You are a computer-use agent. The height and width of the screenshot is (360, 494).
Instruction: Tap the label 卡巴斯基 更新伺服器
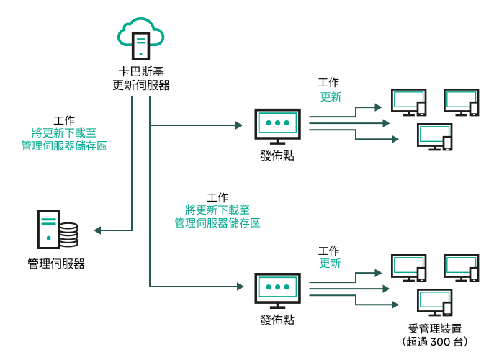coord(141,78)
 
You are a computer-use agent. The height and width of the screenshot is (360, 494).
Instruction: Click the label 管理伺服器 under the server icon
coord(56,264)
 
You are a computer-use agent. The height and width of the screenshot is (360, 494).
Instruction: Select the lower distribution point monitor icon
coord(277,288)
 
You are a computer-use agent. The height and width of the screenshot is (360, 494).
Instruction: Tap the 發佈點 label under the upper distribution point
coord(277,156)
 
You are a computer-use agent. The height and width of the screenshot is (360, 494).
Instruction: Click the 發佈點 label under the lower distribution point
coord(277,319)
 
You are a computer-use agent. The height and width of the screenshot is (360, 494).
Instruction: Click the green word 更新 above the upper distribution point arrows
coord(331,97)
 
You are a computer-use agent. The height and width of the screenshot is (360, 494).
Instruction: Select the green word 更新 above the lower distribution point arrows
coord(330,264)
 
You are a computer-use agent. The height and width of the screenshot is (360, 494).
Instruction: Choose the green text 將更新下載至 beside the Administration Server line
coord(64,133)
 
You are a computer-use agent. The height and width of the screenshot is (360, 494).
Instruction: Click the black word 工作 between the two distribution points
coord(217,197)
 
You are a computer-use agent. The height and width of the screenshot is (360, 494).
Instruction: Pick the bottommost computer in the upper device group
coord(434,137)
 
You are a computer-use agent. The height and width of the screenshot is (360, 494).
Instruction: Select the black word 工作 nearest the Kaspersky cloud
coord(64,120)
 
